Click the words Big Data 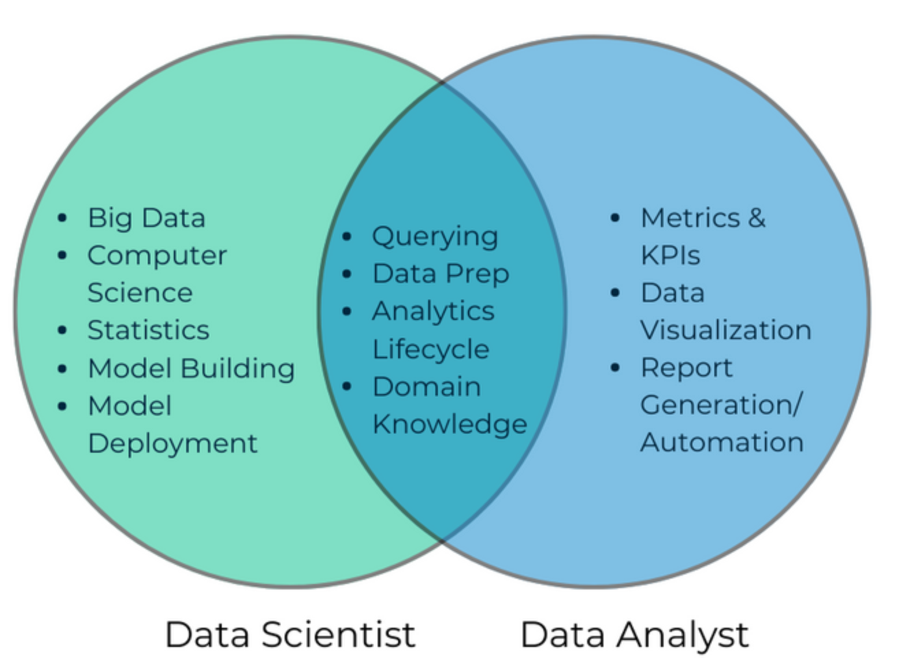(x=146, y=219)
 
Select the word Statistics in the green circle (x=148, y=330)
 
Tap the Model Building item (x=192, y=369)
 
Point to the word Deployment (x=172, y=444)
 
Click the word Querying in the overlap (x=435, y=237)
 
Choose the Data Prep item (x=441, y=274)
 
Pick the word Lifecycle (x=431, y=349)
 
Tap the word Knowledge (x=450, y=424)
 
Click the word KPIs (x=670, y=255)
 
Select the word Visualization (x=726, y=330)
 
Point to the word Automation (x=722, y=442)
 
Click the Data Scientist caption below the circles (x=290, y=635)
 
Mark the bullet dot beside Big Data (x=62, y=218)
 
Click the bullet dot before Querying (x=347, y=236)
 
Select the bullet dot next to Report (x=615, y=367)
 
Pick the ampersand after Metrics (x=756, y=218)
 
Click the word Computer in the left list (x=157, y=256)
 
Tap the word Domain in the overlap (x=427, y=386)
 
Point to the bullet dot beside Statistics (x=62, y=330)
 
